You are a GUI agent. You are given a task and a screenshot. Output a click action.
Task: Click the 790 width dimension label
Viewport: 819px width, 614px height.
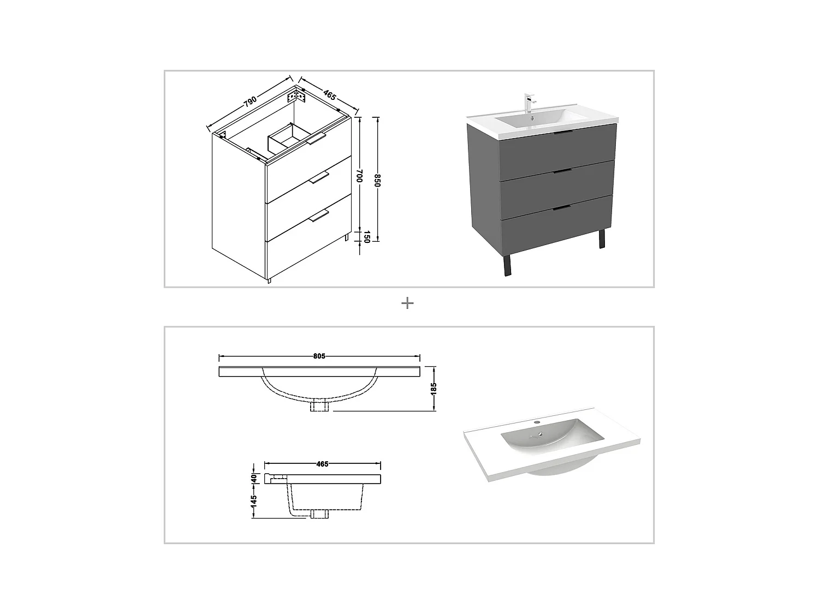point(250,102)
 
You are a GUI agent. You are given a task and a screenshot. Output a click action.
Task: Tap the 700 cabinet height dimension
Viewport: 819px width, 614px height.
point(359,175)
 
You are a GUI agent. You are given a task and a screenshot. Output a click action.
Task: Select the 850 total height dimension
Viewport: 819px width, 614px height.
point(377,181)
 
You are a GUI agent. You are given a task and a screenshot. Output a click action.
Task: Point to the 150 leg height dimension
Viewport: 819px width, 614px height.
point(367,237)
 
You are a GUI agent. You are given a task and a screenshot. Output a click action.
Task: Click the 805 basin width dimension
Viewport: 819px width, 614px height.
point(319,356)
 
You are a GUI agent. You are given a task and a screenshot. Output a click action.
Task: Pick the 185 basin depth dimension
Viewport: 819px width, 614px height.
point(434,388)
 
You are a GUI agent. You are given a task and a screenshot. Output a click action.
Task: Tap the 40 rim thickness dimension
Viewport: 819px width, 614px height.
point(253,478)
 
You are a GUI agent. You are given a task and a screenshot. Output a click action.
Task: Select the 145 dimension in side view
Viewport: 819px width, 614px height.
point(253,501)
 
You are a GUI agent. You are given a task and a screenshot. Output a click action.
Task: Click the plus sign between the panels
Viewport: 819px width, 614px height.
point(407,303)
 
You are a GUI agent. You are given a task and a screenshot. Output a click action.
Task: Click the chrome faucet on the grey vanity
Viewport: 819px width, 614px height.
point(529,103)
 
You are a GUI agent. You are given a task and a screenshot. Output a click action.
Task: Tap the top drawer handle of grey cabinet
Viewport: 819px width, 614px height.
point(562,133)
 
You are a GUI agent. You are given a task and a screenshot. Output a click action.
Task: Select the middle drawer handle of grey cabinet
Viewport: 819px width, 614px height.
point(562,171)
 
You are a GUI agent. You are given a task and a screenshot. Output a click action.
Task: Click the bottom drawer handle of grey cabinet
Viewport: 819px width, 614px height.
point(562,207)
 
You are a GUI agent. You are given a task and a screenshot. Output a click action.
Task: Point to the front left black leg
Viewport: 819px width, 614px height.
point(507,265)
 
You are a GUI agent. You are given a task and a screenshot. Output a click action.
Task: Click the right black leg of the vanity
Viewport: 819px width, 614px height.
point(602,239)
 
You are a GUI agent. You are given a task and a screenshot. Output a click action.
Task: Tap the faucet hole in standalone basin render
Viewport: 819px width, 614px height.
point(537,422)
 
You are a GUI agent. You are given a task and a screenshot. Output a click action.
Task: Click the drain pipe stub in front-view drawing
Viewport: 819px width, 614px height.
point(318,406)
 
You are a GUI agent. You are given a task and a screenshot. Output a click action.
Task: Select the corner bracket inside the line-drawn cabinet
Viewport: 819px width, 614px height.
point(298,97)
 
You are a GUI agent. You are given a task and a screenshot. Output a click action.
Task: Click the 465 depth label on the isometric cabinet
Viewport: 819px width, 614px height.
point(329,94)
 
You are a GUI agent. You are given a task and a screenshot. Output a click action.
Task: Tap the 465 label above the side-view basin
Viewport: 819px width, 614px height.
point(322,464)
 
